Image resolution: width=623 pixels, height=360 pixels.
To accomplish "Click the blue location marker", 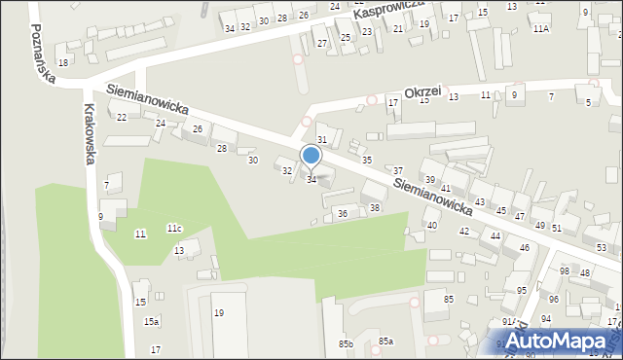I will point(311,156).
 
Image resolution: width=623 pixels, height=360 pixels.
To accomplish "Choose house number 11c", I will point(173,228).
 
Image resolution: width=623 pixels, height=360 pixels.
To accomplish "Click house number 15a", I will point(151,321).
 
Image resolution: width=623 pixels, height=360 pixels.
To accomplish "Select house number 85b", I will point(345,343).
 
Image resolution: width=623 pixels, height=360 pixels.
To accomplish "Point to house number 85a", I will point(385,341).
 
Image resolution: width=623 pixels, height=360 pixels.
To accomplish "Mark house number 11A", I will point(540,29).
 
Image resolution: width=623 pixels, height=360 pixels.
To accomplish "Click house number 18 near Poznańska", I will point(63,62).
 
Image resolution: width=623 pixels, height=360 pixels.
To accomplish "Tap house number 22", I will point(122,118).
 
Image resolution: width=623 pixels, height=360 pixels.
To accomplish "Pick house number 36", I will point(342,213).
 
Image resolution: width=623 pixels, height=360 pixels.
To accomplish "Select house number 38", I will point(375,208).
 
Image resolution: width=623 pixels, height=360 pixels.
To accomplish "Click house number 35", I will point(367,160).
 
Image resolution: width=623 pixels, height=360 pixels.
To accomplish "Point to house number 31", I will point(322,141).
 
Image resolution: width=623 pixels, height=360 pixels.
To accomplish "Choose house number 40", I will point(431,225).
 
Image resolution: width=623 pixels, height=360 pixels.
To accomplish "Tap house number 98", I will point(564,270).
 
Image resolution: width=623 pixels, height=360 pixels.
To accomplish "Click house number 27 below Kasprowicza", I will point(321,44).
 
